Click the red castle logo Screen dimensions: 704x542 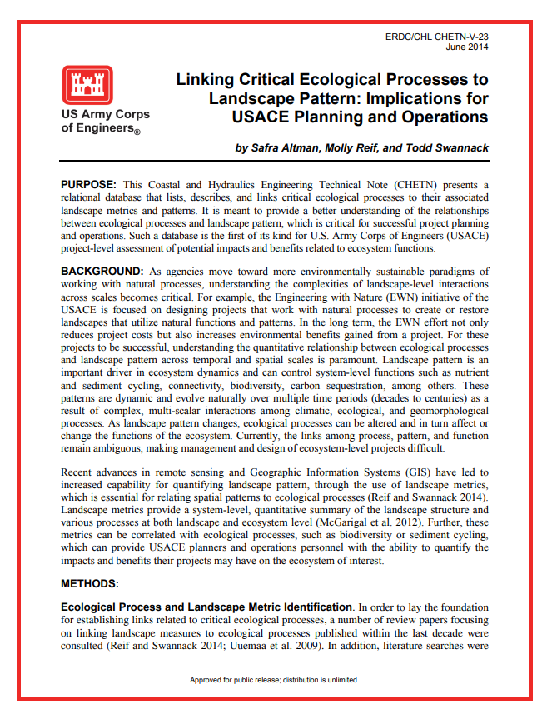tap(87, 84)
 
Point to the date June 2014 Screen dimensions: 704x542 tap(467, 47)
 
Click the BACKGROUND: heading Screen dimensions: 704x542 tap(102, 272)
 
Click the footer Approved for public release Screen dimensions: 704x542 tap(274, 680)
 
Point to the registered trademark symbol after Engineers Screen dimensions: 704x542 tap(137, 132)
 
